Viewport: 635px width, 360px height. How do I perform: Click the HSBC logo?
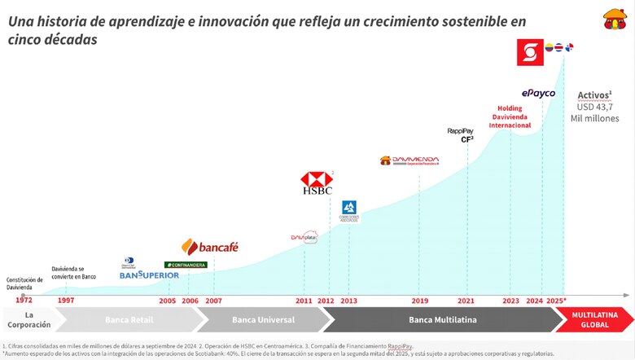(x=316, y=183)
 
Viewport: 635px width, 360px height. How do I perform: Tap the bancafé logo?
(x=210, y=247)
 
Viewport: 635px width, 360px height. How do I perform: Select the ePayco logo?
(x=538, y=94)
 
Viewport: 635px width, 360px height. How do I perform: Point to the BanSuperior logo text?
(x=149, y=275)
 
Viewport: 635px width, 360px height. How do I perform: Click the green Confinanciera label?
(x=186, y=265)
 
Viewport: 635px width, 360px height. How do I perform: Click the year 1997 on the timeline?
(x=67, y=301)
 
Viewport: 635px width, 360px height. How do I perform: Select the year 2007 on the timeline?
(x=213, y=301)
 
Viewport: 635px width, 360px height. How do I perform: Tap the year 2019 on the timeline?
(x=419, y=301)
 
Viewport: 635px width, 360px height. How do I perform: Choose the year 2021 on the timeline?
(x=466, y=301)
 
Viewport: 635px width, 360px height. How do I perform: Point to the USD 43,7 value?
(x=598, y=107)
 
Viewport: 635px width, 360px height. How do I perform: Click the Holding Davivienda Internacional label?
(x=510, y=116)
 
